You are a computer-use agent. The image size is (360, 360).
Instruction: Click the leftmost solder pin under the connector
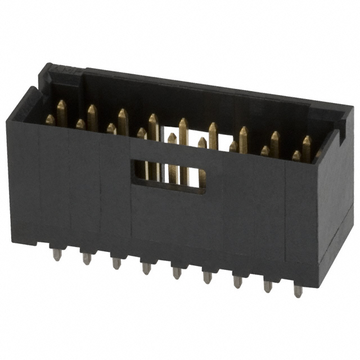point(57,254)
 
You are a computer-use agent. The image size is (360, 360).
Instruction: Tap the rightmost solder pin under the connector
point(298,291)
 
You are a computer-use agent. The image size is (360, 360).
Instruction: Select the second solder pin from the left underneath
point(87,258)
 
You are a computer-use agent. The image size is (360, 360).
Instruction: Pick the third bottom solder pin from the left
point(116,263)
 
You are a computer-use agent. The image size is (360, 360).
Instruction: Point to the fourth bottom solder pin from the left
point(146,268)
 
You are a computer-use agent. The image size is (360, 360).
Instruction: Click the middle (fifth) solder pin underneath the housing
point(177,272)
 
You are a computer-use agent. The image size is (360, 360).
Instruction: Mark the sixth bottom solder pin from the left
point(207,277)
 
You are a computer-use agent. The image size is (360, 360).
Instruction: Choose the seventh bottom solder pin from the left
point(237,281)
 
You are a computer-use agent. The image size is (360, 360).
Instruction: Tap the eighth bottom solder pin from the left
point(268,286)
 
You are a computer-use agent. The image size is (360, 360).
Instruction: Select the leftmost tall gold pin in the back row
point(61,112)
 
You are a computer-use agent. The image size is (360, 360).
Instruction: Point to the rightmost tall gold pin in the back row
point(307,148)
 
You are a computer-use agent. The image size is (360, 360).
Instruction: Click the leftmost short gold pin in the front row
point(50,120)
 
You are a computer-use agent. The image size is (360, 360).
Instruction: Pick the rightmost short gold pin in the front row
point(296,156)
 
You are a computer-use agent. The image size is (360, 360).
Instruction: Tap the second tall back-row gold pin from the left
point(92,117)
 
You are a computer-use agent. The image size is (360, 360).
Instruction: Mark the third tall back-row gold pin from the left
point(123,121)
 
